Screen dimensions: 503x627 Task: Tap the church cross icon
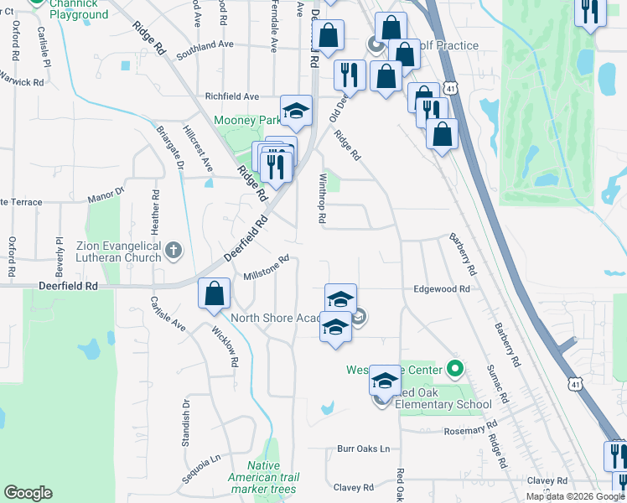173,250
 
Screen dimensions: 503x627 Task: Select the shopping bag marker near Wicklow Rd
215,293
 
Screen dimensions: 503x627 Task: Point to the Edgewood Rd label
441,288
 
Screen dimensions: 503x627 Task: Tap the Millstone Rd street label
266,267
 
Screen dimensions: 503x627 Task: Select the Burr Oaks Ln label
364,449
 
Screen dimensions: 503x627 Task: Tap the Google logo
28,493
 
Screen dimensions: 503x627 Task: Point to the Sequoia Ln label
201,469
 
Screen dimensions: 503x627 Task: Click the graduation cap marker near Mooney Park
296,111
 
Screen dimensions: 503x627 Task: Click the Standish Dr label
187,425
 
